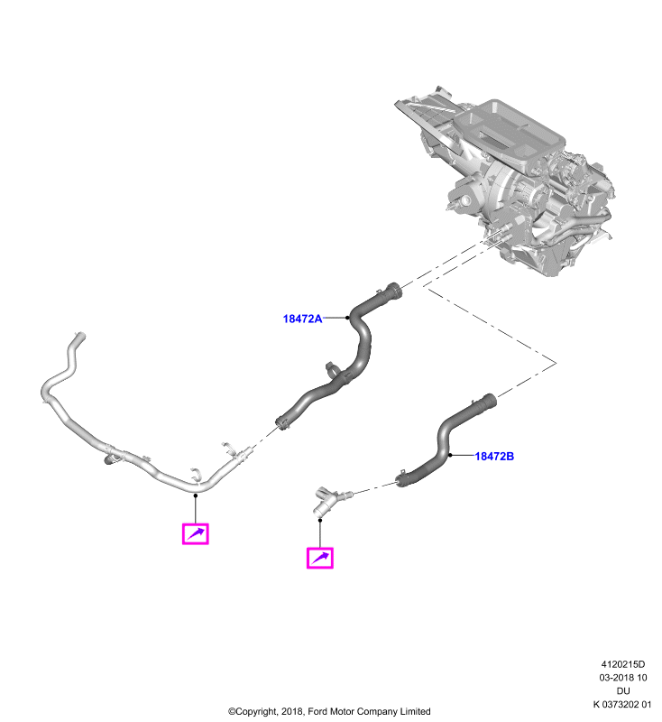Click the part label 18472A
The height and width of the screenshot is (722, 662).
click(302, 319)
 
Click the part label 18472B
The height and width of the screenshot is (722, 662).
click(494, 457)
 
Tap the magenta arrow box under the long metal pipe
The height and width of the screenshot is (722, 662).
click(196, 534)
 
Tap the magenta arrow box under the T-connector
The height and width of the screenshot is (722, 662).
click(320, 558)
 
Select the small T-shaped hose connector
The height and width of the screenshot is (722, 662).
click(329, 500)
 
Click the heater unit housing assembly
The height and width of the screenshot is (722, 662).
click(506, 180)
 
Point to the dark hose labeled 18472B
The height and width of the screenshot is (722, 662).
click(442, 442)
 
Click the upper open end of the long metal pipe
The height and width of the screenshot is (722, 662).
click(79, 336)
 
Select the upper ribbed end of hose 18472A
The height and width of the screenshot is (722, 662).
click(393, 292)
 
